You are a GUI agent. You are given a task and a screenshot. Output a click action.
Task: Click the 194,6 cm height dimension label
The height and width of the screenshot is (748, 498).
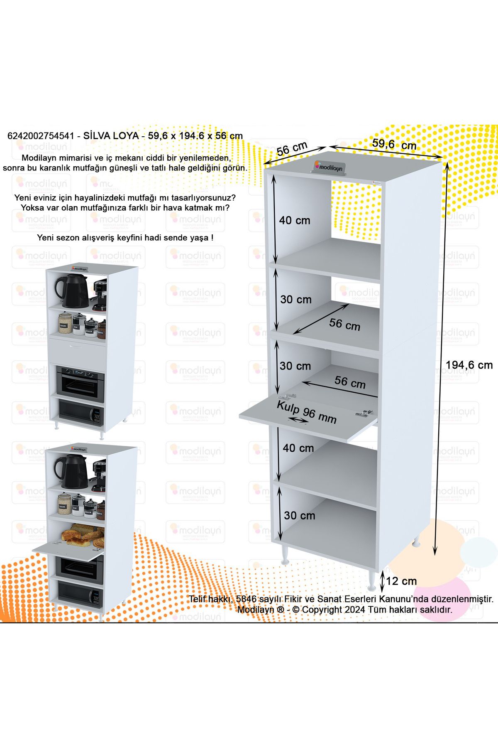click(469, 365)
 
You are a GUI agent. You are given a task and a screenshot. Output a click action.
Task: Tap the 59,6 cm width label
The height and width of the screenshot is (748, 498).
click(394, 144)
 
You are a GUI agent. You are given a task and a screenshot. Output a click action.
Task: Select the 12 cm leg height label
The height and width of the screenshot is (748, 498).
click(401, 581)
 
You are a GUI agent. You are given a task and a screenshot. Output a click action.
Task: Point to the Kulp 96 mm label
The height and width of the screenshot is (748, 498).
click(306, 412)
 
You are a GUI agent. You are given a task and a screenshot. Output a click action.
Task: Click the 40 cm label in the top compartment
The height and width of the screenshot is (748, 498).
click(294, 220)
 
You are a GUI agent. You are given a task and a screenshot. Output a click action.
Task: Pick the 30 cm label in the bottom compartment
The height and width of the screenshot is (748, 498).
click(299, 515)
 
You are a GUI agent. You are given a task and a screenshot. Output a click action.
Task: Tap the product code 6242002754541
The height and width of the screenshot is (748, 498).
click(41, 136)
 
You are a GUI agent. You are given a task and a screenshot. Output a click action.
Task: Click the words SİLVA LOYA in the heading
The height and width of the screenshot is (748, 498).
click(111, 136)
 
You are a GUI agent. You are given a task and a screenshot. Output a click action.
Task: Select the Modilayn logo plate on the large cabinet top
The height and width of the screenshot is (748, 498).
click(328, 167)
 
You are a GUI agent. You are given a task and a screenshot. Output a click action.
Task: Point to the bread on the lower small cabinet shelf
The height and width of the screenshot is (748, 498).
click(83, 536)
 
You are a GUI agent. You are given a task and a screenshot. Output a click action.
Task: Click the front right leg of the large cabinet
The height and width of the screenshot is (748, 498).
click(371, 580)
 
